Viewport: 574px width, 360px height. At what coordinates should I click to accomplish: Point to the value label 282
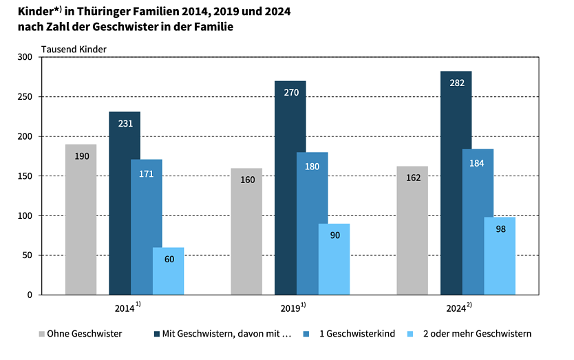point(456,83)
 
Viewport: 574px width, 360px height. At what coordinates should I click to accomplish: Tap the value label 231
point(125,123)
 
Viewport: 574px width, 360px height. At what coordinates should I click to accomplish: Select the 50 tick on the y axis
point(28,255)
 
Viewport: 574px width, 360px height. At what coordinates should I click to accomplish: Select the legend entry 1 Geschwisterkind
point(357,334)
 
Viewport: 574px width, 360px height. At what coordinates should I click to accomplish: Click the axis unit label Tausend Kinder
point(74,48)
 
